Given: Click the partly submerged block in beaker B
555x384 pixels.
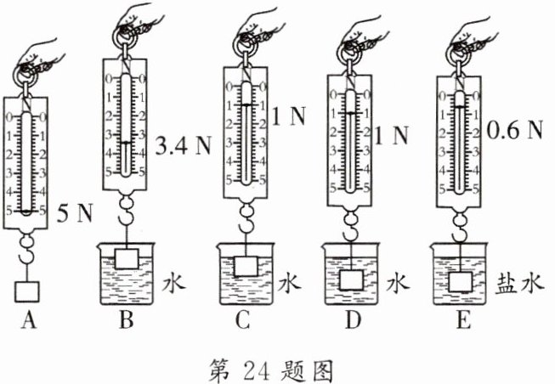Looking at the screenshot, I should (128, 257).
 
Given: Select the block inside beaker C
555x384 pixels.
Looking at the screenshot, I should (247, 264).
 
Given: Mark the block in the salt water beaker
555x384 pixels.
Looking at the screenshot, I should (461, 280).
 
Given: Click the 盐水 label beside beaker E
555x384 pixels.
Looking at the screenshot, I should (519, 282).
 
